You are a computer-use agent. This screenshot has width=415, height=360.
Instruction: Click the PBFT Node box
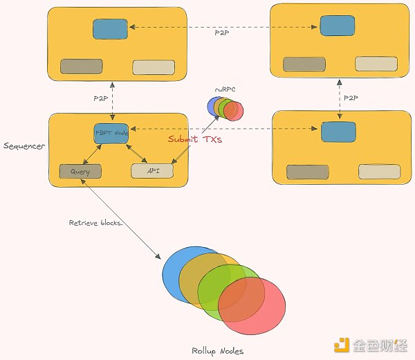tap(111, 134)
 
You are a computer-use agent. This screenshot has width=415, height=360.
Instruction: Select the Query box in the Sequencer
tap(80, 172)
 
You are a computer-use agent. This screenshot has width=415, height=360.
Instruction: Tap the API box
tap(152, 171)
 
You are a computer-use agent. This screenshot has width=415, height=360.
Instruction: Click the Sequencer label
tap(24, 146)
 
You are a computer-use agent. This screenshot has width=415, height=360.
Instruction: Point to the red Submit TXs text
tap(195, 139)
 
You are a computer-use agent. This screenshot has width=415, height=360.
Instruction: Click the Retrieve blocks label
tap(96, 223)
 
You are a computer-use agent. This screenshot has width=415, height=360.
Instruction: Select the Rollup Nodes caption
tap(218, 351)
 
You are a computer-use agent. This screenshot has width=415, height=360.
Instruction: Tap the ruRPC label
tap(225, 89)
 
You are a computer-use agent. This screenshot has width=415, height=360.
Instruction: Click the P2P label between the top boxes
tap(222, 33)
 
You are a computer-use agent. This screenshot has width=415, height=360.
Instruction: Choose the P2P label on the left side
tap(101, 98)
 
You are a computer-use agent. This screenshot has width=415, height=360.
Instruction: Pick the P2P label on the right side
tap(351, 98)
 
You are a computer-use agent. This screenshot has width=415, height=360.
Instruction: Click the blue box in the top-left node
tap(110, 29)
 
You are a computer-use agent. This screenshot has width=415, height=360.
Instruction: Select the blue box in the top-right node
tap(338, 26)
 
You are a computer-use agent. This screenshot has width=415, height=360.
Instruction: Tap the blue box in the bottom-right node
tap(338, 132)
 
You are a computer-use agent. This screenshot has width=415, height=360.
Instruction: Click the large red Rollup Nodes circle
tap(252, 306)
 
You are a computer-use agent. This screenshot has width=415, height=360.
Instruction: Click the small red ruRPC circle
tap(234, 111)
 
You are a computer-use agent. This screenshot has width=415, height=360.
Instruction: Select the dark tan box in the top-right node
tap(304, 64)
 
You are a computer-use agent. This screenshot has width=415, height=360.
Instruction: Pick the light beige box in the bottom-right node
tap(380, 172)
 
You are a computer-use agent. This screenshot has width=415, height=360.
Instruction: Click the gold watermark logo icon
tap(342, 345)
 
